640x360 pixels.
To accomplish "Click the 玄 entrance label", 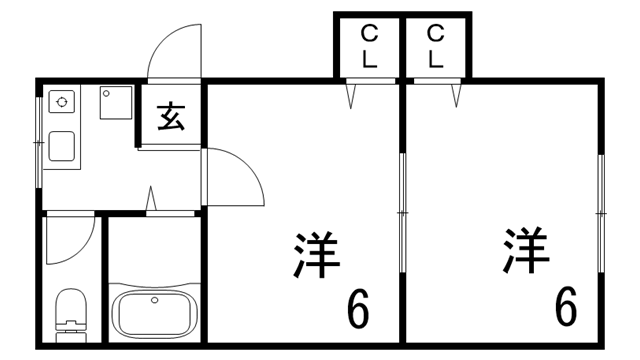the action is coord(171,117).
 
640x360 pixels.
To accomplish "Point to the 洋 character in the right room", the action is coord(526,251).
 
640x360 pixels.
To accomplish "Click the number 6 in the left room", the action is coord(357,310).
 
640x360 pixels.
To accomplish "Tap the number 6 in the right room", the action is coord(566,307).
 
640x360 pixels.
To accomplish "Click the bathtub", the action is coord(155,313).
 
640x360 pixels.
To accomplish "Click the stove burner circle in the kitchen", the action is coord(62,102).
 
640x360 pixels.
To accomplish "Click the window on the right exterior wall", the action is coord(601,215).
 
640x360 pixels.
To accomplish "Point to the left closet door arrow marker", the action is coord(353,96).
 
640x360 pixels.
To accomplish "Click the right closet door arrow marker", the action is coord(457,96).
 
